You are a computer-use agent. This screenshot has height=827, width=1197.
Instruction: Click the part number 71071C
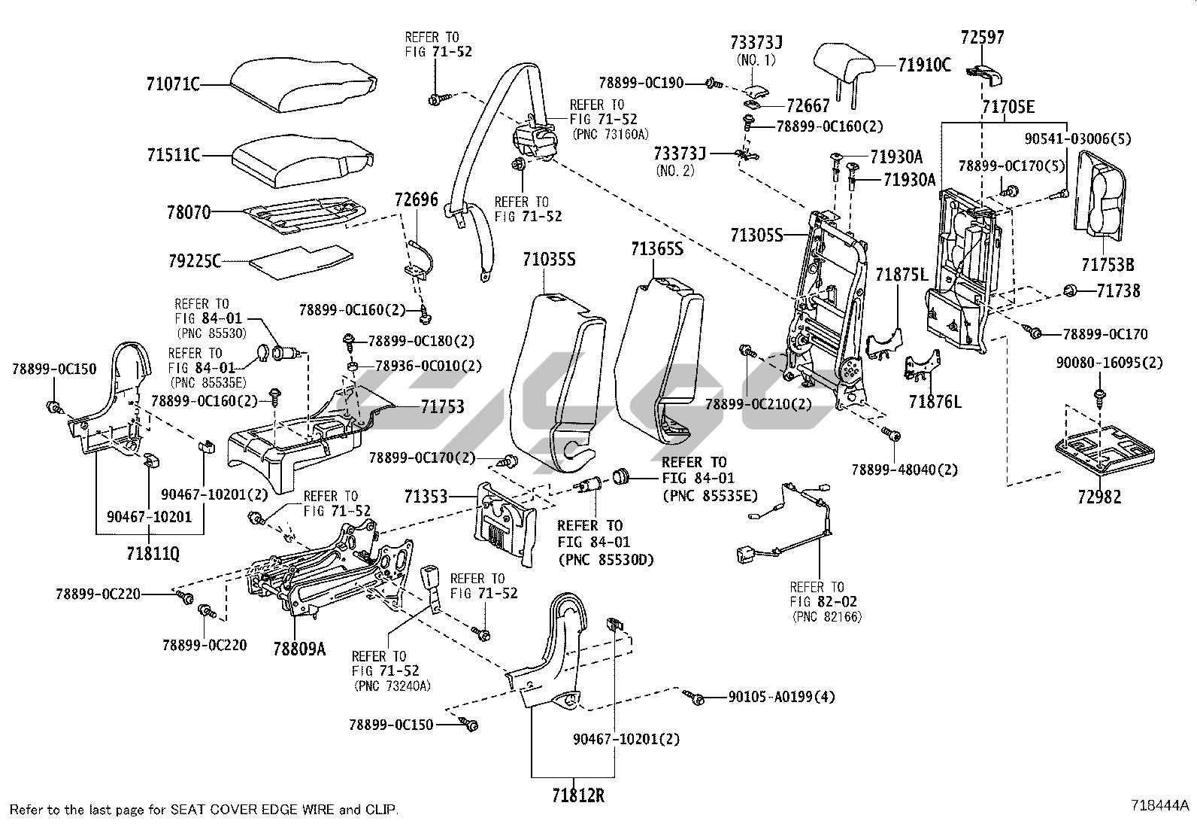point(173,84)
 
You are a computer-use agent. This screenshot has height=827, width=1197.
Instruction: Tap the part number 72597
point(982,37)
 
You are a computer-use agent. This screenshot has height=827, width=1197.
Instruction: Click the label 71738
point(1119,291)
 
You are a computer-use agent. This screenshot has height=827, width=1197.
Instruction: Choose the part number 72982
point(1099,497)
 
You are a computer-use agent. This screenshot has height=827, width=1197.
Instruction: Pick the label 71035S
point(549,260)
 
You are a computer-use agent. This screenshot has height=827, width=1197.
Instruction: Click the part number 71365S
point(656,249)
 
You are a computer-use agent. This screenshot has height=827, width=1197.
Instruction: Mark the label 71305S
point(756,235)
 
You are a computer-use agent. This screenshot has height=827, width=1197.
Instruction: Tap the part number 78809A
point(299,649)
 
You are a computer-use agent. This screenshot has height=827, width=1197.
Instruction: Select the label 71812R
point(578,795)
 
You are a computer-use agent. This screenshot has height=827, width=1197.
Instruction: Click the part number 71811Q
point(153,554)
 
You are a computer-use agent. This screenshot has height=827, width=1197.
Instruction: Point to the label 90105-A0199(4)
point(781,697)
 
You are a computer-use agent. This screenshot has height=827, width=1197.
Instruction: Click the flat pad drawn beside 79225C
point(302,262)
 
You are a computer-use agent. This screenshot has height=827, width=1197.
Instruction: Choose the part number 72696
point(417,199)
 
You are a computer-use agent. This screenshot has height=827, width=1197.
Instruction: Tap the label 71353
point(426,497)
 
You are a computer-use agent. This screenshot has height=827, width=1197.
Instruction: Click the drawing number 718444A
point(1159,805)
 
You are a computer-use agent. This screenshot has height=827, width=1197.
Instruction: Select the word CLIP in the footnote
point(381,810)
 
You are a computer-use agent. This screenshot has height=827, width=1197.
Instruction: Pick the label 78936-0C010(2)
point(429,366)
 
